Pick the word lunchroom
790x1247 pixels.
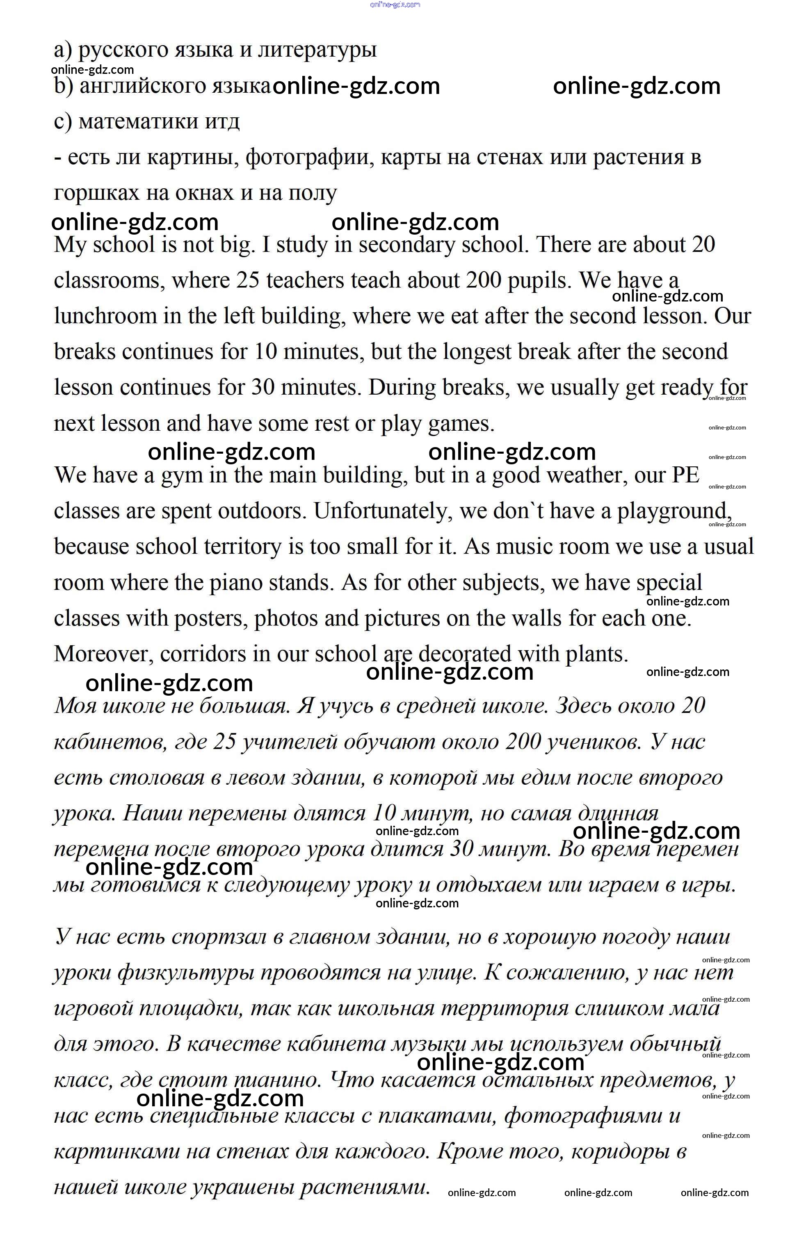[x=105, y=316]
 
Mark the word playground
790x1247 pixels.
[x=674, y=512]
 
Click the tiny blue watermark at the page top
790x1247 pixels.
[x=395, y=5]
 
